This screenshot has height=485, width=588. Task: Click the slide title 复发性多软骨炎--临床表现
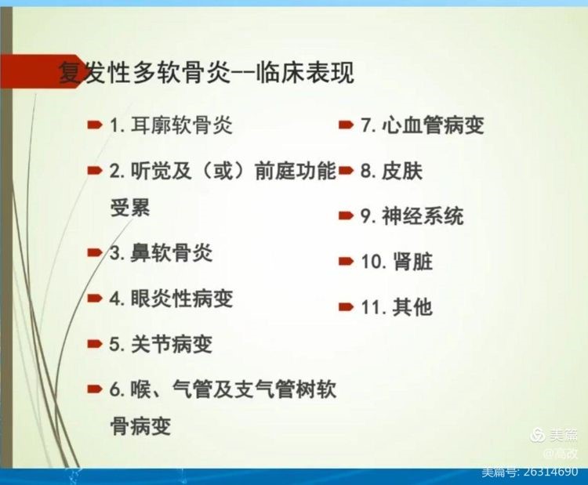207,72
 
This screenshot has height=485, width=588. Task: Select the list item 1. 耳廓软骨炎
171,125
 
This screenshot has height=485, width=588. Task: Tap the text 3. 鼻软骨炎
161,253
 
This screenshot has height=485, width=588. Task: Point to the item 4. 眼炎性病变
171,299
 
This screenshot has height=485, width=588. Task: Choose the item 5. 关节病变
161,344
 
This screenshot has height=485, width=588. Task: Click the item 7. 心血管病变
423,125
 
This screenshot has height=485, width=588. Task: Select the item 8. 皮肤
391,171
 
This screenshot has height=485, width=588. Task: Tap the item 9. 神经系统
412,216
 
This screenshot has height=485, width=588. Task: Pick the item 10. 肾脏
397,261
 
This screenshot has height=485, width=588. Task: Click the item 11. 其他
397,307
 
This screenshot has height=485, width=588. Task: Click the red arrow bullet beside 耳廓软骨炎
95,125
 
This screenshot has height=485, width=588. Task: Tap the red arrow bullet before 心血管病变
346,125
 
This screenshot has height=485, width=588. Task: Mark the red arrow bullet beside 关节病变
95,344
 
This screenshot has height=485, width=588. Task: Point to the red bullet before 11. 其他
346,307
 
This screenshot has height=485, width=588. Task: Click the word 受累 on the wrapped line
130,208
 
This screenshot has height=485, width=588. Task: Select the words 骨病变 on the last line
140,425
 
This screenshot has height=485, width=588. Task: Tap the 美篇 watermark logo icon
539,435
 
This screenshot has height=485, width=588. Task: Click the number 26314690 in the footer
550,472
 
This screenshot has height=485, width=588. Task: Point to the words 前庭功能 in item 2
295,171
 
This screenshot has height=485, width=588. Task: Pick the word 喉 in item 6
140,389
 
